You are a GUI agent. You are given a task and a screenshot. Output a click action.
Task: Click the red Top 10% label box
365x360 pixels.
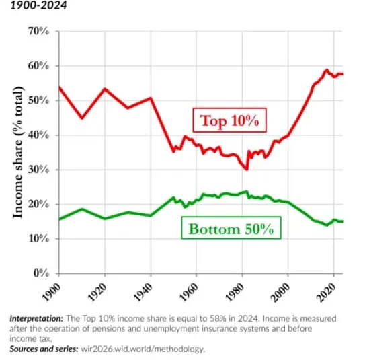[x=229, y=121]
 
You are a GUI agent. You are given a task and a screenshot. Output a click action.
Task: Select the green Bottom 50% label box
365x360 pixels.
[x=231, y=229]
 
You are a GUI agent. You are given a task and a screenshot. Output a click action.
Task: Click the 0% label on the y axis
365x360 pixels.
[x=41, y=273]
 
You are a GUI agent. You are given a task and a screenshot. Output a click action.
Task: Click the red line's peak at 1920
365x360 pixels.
[x=104, y=89]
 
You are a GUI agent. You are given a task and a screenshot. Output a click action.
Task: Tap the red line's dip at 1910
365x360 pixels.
[x=81, y=118]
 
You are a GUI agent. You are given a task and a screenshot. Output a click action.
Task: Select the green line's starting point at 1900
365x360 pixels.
[x=58, y=219]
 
